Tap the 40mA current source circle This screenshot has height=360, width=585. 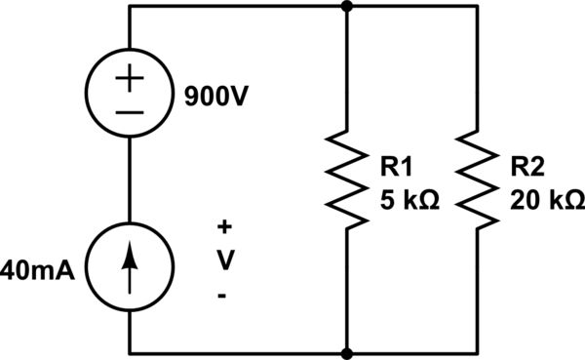tap(130, 264)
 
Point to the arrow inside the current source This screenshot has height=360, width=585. tap(130, 264)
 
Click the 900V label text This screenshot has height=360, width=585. tap(211, 98)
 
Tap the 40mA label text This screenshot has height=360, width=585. tap(41, 265)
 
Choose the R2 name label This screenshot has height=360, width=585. tap(527, 168)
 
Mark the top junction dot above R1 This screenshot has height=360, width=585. tap(347, 6)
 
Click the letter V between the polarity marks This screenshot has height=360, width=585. tap(224, 260)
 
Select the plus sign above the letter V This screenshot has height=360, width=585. tap(224, 227)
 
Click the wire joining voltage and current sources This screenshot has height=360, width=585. tap(130, 180)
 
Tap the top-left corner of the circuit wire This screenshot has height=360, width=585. tap(130, 6)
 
